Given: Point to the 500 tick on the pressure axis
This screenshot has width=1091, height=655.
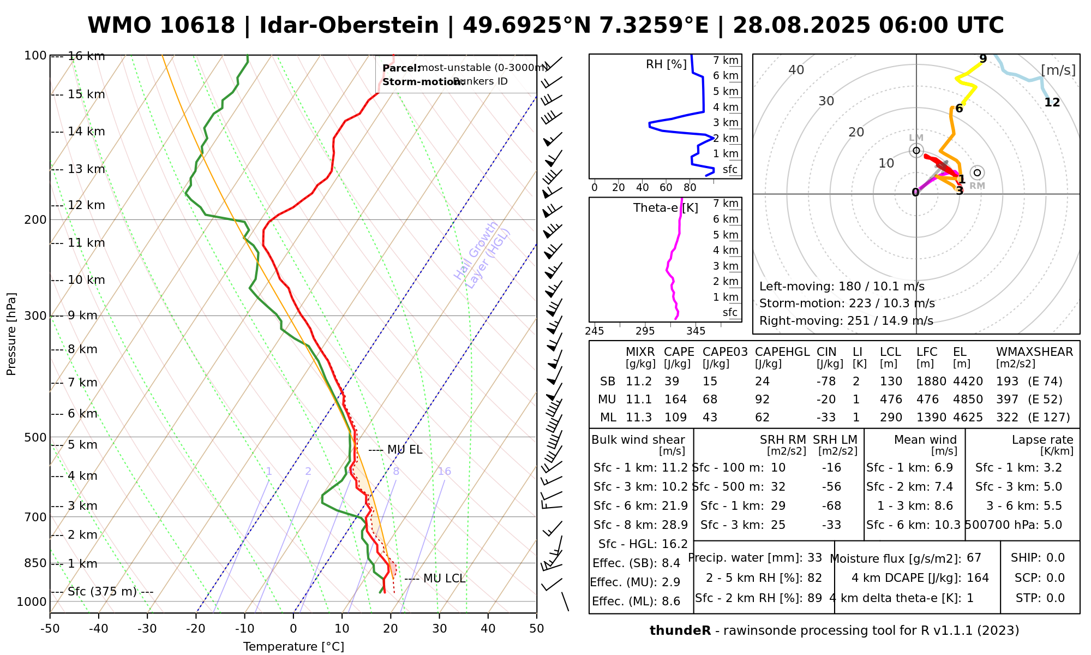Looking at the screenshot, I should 35,437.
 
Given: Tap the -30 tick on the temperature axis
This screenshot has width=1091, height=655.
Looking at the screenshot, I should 147,628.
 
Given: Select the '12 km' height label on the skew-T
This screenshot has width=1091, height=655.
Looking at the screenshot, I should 86,205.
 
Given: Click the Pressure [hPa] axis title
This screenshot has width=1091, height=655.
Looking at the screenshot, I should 11,334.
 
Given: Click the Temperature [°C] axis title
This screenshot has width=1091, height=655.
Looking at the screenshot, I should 293,647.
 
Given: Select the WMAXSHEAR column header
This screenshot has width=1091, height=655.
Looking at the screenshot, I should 1034,352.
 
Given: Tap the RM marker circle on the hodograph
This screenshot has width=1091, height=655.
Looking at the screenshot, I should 977,172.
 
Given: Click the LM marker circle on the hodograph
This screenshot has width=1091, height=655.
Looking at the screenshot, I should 916,151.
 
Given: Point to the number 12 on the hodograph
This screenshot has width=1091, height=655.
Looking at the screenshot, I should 1052,103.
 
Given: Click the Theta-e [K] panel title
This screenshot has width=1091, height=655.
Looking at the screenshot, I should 666,208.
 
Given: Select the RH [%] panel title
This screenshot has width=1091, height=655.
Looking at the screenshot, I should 666,64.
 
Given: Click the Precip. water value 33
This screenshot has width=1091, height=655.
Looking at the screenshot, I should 814,558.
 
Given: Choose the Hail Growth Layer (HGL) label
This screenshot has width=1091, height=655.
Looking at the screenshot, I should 482,254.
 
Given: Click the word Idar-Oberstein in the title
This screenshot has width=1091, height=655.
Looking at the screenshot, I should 349,26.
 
